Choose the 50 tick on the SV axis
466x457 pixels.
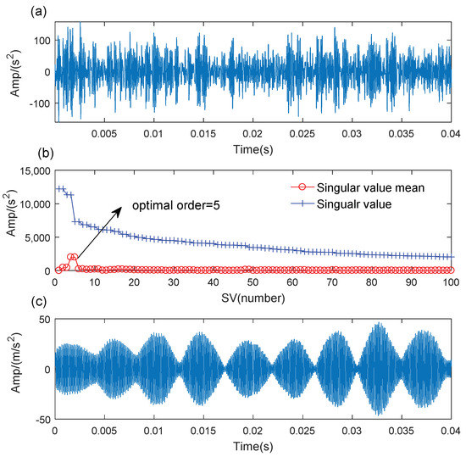click(252, 282)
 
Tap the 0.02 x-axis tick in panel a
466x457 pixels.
click(252, 134)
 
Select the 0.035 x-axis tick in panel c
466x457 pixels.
click(401, 431)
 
